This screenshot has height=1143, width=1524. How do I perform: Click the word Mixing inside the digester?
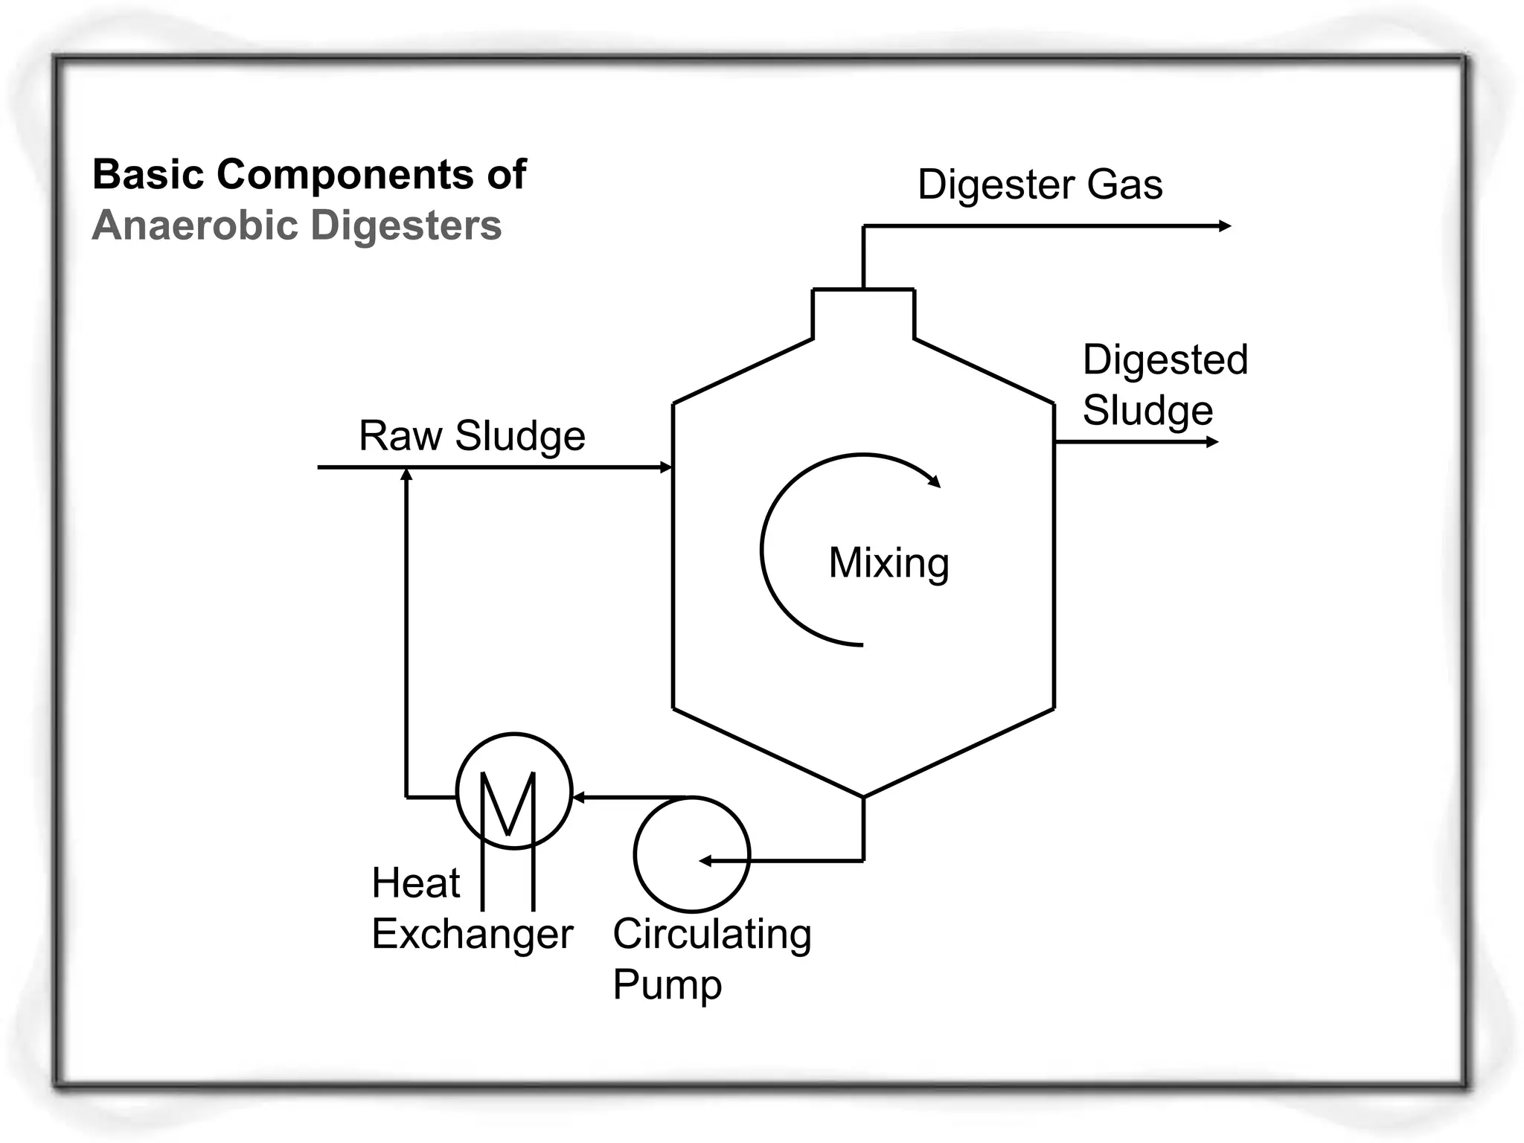click(889, 563)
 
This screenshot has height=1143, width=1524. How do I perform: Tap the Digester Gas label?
click(1040, 185)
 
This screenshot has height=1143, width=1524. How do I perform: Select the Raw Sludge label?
click(472, 436)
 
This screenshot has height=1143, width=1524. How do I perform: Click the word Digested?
click(1165, 360)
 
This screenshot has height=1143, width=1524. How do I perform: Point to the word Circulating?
click(712, 935)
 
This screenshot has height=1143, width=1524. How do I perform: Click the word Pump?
click(667, 985)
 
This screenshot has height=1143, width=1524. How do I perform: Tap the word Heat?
click(415, 883)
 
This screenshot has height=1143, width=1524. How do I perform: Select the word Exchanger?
click(472, 935)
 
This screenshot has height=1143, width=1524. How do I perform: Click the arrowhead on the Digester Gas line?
click(1225, 226)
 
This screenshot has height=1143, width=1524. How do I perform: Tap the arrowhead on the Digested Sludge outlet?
click(1211, 442)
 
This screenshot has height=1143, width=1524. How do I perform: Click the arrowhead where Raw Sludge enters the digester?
click(667, 467)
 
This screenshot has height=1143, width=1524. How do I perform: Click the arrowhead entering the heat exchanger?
click(579, 798)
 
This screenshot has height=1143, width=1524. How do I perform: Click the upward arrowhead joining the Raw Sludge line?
click(406, 475)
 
